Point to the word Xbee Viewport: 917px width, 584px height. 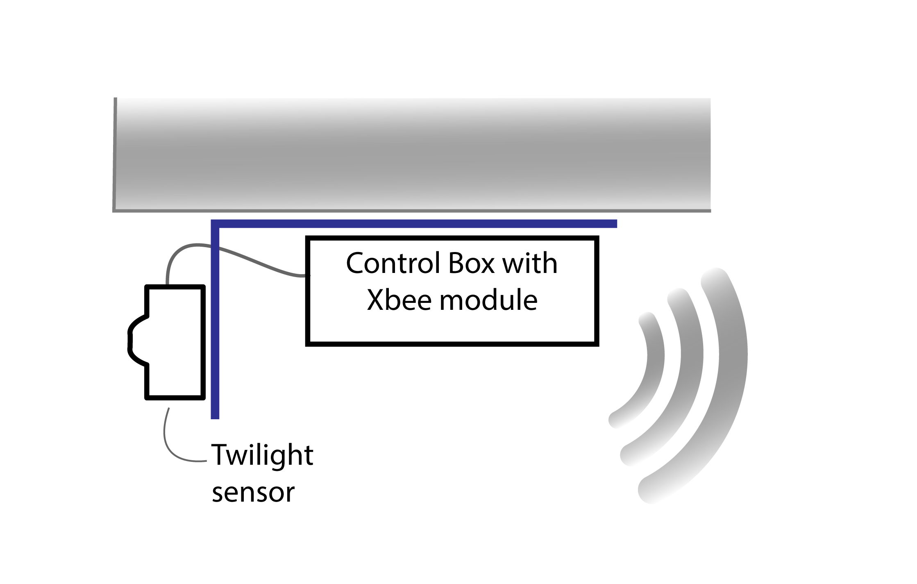pos(399,300)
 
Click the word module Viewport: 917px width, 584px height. pos(488,300)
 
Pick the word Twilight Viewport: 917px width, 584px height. pos(262,456)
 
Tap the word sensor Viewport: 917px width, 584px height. pos(253,493)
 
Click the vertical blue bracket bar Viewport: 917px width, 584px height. pos(215,328)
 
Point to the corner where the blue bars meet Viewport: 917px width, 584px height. pos(215,224)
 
